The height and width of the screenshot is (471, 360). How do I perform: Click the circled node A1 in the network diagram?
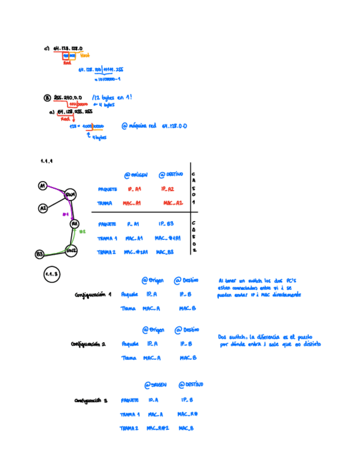point(42,186)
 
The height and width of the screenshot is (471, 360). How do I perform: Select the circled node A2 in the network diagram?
point(43,208)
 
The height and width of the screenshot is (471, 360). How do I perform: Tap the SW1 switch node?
point(71,195)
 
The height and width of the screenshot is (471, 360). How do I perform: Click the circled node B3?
point(39,254)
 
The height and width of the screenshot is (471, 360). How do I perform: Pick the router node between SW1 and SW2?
point(74,223)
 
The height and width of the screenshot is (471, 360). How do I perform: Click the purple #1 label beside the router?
point(65,214)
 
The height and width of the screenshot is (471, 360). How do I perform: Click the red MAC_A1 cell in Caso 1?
point(133,203)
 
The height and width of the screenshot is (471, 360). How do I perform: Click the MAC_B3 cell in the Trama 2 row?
point(166,252)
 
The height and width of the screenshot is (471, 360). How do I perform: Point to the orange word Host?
point(85,56)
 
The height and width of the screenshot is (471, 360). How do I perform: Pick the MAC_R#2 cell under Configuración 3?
point(158,428)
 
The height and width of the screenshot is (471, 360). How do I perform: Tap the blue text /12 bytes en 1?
point(113,97)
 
